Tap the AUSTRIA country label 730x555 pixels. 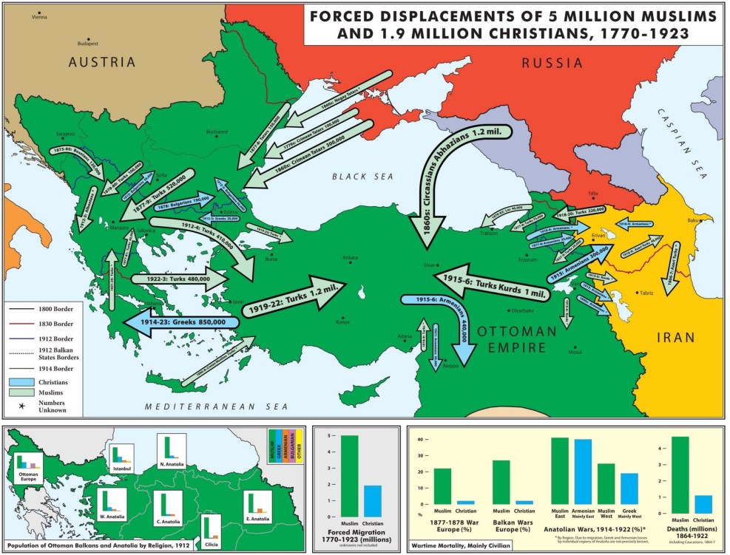click(102, 63)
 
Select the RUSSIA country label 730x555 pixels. click(552, 64)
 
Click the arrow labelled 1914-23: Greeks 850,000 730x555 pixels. click(181, 322)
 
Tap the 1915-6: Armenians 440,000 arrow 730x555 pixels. click(444, 318)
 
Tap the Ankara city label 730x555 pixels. click(350, 257)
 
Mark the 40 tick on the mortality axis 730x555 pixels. click(420, 440)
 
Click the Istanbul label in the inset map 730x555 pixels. click(121, 469)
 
